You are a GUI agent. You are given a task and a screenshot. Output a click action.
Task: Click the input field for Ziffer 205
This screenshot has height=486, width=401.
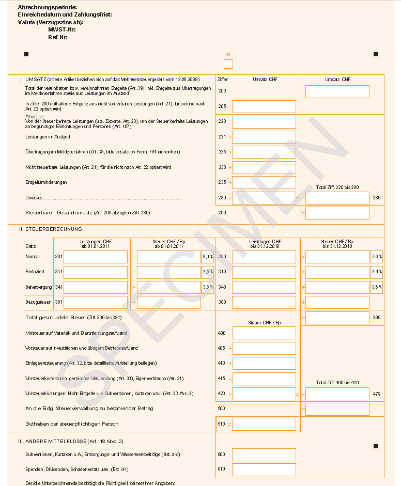click(264, 106)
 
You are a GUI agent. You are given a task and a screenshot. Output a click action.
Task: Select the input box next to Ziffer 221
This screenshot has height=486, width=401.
click(264, 137)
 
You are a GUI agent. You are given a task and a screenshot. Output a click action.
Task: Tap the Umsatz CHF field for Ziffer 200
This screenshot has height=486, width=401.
click(337, 91)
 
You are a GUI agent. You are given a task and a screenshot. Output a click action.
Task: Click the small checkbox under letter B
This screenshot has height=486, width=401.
click(228, 64)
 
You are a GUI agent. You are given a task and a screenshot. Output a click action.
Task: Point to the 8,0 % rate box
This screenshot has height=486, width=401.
click(207, 257)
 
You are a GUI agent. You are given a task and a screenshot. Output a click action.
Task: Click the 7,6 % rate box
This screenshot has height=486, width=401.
click(376, 257)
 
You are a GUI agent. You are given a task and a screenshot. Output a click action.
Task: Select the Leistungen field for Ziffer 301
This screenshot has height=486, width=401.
click(95, 257)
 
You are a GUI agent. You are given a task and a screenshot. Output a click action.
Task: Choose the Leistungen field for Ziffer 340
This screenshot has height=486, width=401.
click(264, 287)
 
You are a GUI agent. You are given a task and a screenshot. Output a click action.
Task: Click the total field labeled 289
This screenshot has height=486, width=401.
click(337, 198)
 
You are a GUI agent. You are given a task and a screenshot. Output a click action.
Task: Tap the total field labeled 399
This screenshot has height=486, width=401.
click(337, 318)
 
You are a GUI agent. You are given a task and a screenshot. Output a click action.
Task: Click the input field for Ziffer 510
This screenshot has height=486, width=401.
click(264, 424)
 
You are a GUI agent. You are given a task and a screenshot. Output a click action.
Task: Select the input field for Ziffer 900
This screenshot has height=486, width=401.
click(264, 454)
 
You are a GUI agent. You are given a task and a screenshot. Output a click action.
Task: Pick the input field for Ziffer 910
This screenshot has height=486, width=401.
click(264, 469)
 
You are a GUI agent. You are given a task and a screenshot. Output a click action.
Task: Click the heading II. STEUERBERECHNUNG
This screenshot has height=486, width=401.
click(51, 229)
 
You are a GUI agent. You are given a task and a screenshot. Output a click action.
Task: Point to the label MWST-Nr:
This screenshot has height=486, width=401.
click(58, 29)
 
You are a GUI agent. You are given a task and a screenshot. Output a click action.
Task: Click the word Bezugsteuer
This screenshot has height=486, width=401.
click(37, 302)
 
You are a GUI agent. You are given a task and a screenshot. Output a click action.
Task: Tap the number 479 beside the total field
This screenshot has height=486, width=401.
click(376, 394)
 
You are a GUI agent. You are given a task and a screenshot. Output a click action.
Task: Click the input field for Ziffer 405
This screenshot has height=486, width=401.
click(264, 348)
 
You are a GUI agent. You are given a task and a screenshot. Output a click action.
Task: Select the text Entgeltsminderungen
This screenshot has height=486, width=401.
click(46, 182)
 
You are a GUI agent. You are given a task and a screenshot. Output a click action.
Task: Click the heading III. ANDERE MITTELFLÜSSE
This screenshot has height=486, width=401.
click(70, 442)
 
